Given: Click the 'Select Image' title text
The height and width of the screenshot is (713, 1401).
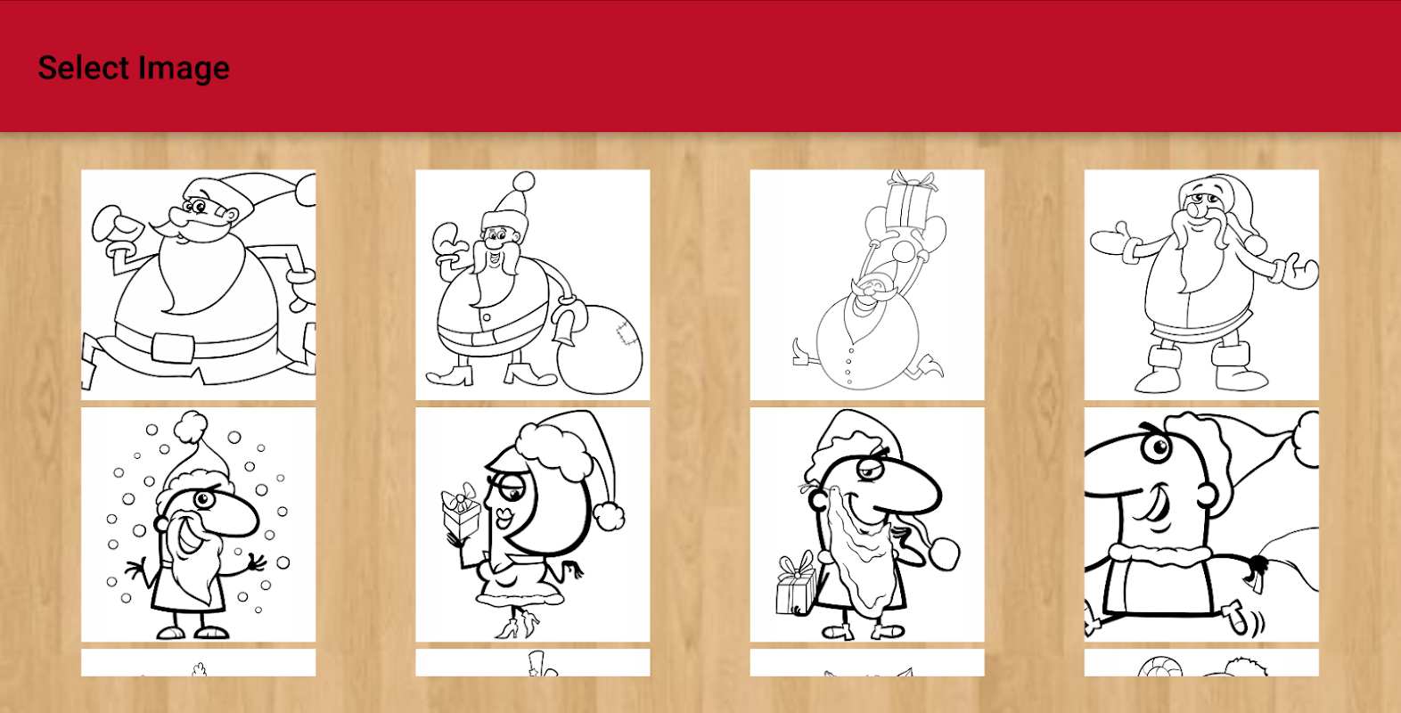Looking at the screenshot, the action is (134, 68).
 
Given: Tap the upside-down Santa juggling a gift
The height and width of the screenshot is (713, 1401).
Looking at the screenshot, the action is (867, 284).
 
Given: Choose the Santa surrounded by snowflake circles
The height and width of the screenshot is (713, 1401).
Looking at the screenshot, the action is (198, 525).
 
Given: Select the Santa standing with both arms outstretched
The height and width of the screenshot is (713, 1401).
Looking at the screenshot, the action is (1201, 284).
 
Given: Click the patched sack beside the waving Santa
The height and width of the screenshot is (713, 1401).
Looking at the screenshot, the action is (599, 349).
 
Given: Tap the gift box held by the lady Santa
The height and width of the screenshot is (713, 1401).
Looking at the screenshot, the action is (461, 511).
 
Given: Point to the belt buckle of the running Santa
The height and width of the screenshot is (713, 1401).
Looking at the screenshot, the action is (173, 348).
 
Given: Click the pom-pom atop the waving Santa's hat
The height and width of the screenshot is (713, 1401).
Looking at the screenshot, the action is (523, 182).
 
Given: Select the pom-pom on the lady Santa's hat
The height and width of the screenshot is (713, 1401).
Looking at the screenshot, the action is (609, 517).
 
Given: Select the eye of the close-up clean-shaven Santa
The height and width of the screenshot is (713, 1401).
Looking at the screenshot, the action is (1157, 447).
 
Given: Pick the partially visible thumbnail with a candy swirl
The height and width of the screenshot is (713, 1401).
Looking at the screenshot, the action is (1201, 662).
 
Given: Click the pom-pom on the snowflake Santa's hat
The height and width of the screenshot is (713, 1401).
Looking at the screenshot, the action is (192, 427).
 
